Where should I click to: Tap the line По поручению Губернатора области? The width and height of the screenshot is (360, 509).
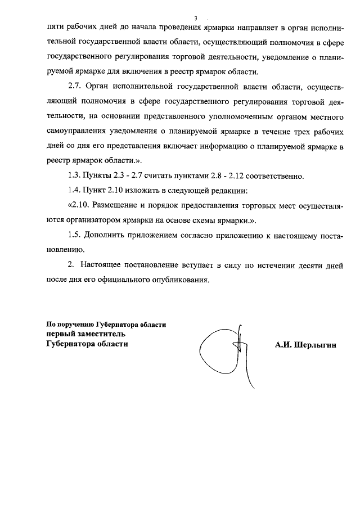pyautogui.click(x=106, y=325)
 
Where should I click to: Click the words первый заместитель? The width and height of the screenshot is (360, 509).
pyautogui.click(x=86, y=334)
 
